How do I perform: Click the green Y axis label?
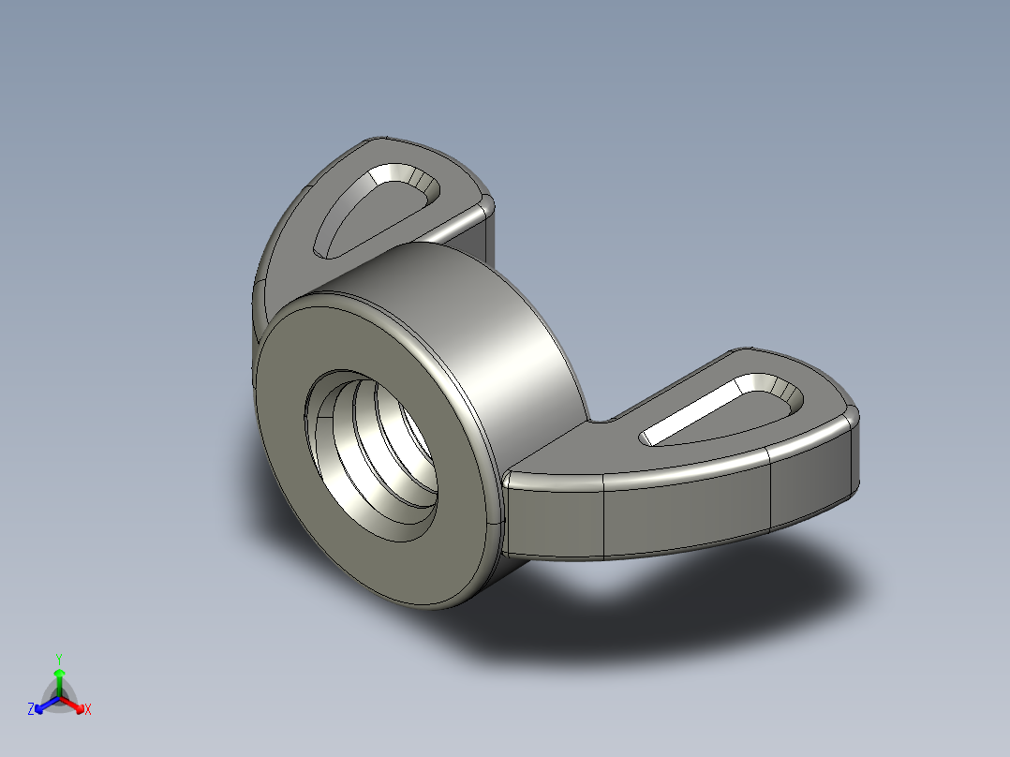coord(58,658)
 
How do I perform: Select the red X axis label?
coord(87,710)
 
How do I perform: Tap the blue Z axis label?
coord(31,710)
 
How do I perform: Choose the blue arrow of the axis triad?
coord(42,704)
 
